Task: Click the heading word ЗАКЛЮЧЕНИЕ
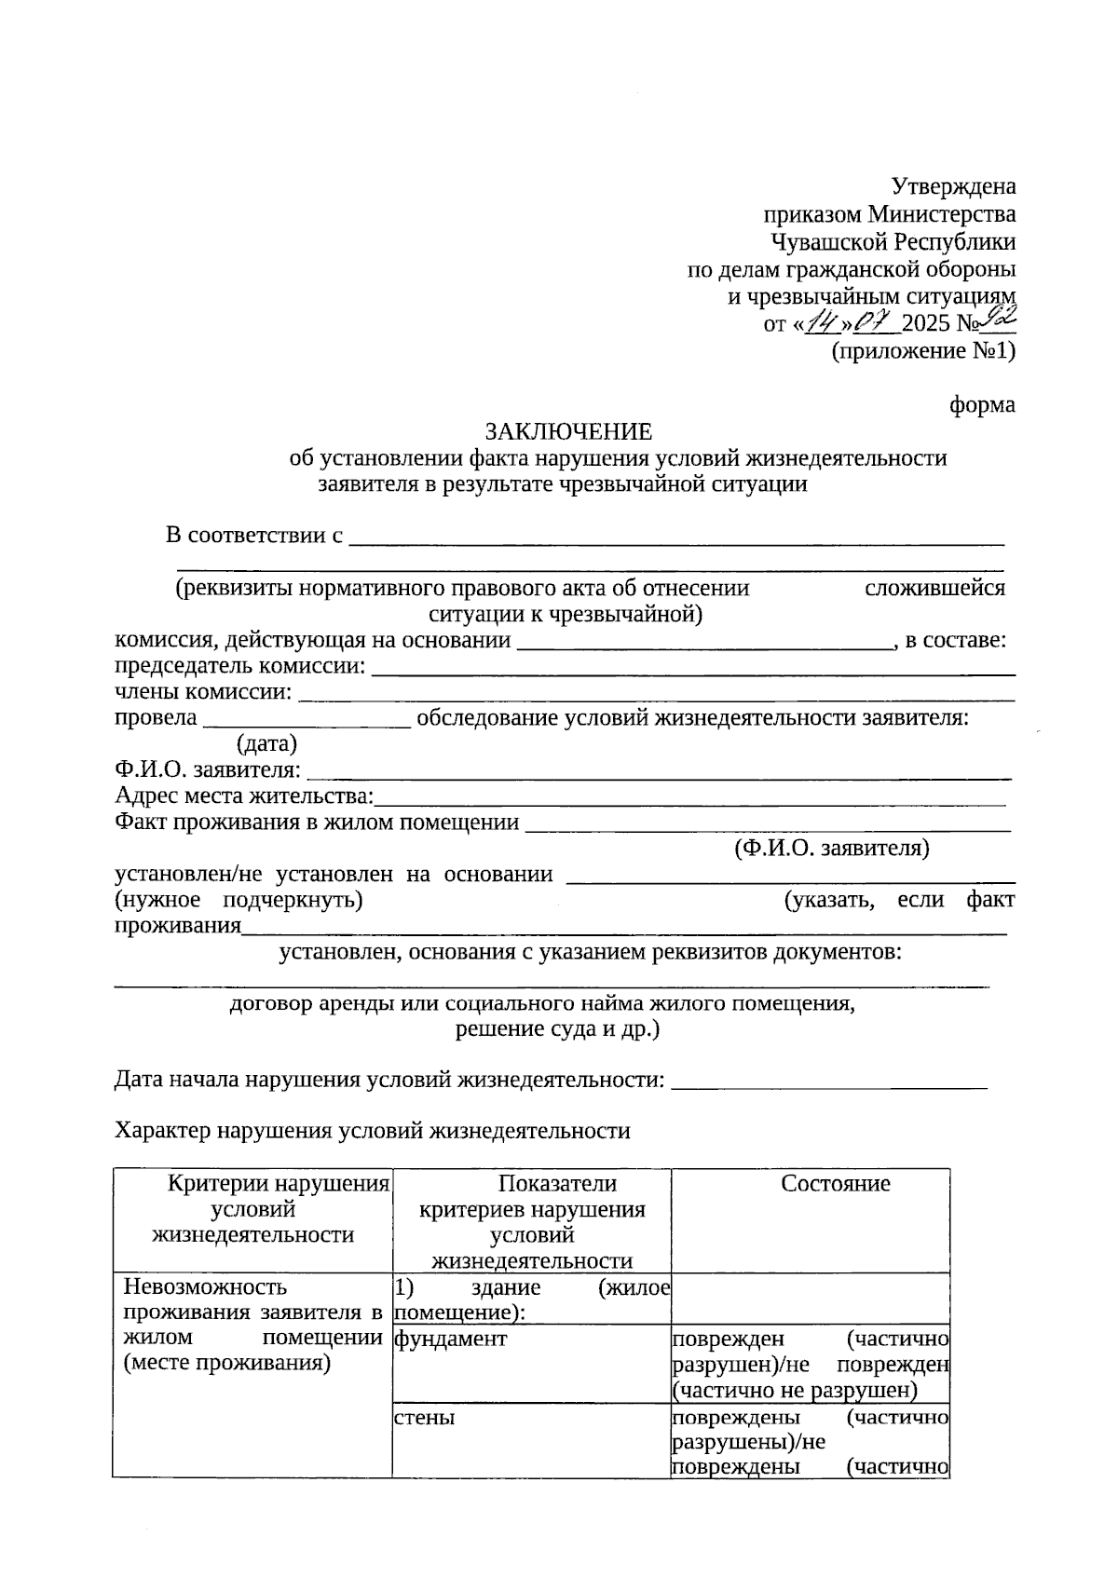[568, 432]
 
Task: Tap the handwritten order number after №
[1000, 320]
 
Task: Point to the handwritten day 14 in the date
[823, 323]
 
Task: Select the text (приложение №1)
[922, 351]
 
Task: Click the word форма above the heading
[982, 405]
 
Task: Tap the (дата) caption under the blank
[267, 743]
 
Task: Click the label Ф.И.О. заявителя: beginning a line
[208, 770]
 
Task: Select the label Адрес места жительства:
[244, 796]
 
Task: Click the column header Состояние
[835, 1184]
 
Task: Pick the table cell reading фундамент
[451, 1340]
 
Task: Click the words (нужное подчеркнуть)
[239, 901]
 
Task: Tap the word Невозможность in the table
[206, 1287]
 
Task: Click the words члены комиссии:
[202, 693]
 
